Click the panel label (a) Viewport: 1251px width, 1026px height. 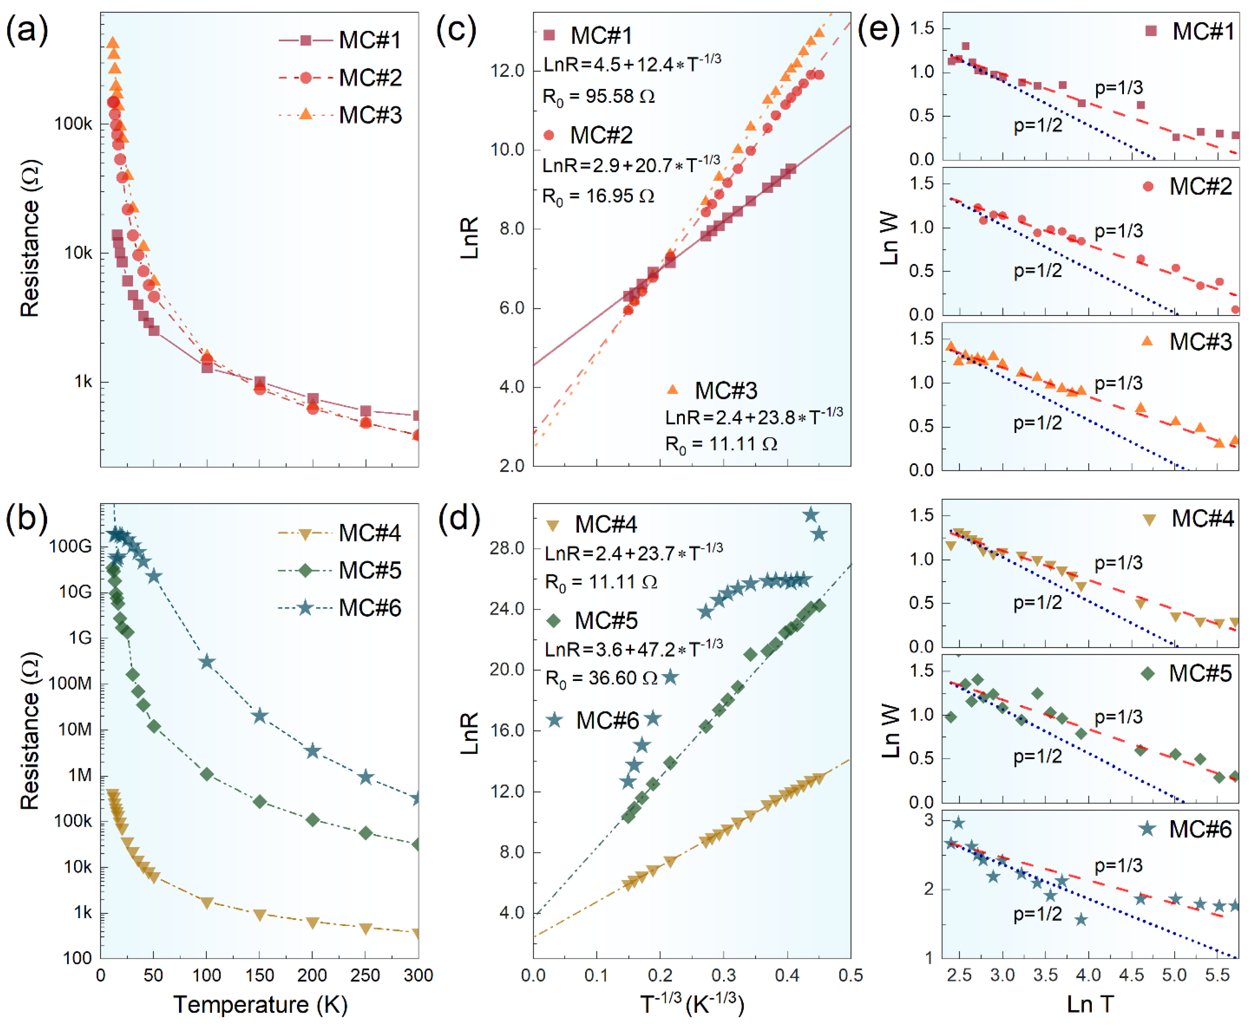27,29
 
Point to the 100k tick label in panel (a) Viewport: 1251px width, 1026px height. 73,124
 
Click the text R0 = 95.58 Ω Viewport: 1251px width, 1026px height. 598,96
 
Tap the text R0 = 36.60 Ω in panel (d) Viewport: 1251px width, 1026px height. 601,679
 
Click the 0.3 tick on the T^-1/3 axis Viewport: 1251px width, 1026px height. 724,975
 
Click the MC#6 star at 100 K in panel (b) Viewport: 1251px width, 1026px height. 206,662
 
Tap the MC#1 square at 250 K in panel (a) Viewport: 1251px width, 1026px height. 365,411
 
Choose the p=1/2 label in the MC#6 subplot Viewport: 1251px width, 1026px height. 1038,914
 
